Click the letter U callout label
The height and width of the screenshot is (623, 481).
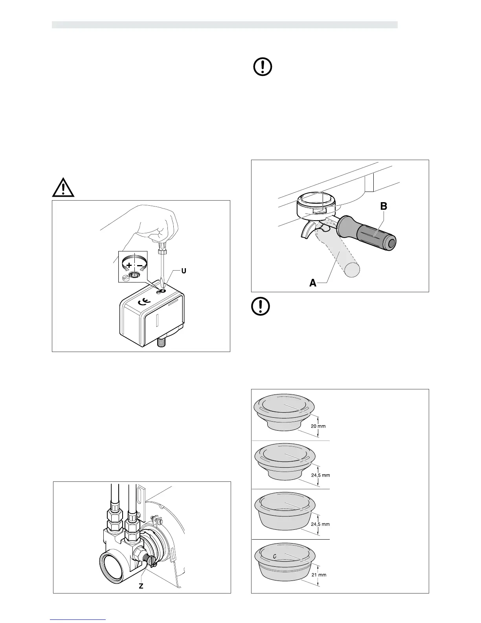click(x=184, y=271)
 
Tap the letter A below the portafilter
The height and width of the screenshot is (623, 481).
click(x=313, y=282)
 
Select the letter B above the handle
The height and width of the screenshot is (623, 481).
click(x=384, y=206)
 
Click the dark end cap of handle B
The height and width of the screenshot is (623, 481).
click(x=391, y=244)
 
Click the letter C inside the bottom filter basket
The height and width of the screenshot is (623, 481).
click(x=275, y=556)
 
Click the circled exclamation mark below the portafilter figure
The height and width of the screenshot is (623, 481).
click(x=261, y=307)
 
